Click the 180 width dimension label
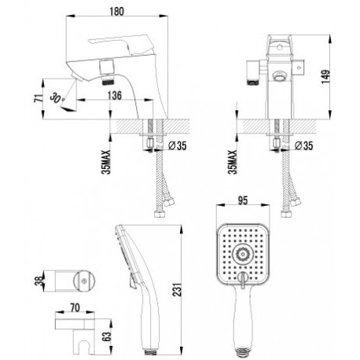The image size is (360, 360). [x=116, y=12]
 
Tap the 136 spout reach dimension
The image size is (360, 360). [x=115, y=95]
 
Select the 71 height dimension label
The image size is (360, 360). [x=39, y=97]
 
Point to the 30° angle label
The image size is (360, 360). [x=57, y=98]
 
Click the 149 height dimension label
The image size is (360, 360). [x=325, y=77]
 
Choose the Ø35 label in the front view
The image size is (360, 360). [x=303, y=145]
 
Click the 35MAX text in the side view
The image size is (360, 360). [x=106, y=162]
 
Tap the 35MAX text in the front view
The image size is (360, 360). [x=233, y=162]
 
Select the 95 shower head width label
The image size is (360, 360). [x=243, y=200]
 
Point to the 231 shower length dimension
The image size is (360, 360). [x=177, y=289]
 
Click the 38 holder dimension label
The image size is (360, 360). [x=39, y=281]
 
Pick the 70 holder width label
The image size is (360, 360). [x=75, y=307]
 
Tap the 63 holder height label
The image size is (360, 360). [x=107, y=336]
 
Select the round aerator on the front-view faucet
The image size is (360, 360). [x=280, y=76]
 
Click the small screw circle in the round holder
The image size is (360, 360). [x=84, y=281]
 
